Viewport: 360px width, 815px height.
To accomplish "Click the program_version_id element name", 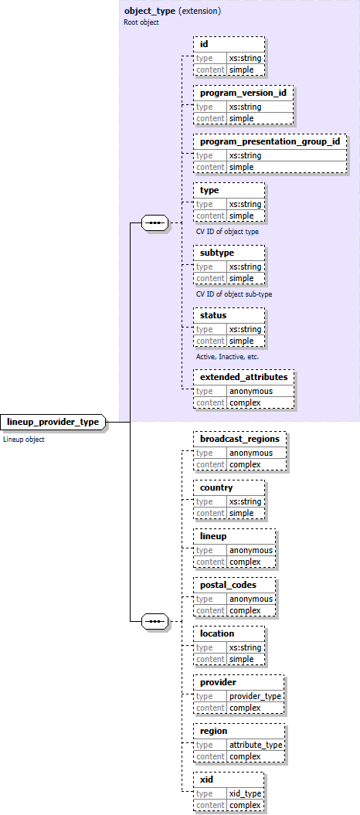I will click(x=243, y=93).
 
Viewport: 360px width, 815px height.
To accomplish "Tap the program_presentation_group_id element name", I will click(x=270, y=141).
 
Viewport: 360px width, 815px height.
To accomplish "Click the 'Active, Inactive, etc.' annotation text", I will click(x=227, y=357).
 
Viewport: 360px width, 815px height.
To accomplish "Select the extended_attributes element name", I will click(x=243, y=377).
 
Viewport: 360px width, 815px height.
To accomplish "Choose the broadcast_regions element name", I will click(x=239, y=439).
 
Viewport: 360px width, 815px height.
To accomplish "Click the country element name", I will click(x=216, y=487).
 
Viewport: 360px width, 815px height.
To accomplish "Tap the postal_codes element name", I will click(x=228, y=585).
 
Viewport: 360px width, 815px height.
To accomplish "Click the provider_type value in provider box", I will click(x=256, y=696).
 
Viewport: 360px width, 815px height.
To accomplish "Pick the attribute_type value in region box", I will click(x=256, y=745).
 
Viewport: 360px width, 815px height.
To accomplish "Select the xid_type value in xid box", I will click(x=245, y=793).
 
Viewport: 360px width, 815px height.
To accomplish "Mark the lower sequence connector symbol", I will click(x=156, y=620).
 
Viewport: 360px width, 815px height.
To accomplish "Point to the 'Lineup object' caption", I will click(x=24, y=440).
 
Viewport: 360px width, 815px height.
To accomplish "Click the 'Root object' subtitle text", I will click(x=141, y=22).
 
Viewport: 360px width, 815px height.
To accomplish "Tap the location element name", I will click(x=217, y=633).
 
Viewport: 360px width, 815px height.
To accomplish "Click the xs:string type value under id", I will click(x=245, y=58).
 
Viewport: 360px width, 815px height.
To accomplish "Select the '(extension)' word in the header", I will click(x=199, y=12).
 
